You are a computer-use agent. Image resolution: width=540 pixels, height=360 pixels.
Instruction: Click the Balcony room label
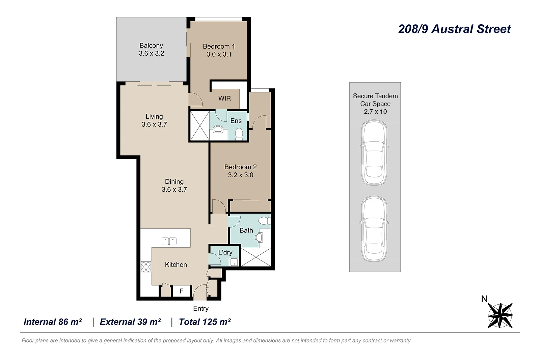point(151,46)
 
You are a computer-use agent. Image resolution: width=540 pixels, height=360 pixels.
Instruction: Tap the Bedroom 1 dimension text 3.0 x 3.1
point(219,54)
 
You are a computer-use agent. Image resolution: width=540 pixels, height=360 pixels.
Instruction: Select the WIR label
point(224,98)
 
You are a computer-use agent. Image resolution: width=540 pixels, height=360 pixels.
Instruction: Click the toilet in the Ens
point(239,134)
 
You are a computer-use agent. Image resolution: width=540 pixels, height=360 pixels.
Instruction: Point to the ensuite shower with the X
point(199,126)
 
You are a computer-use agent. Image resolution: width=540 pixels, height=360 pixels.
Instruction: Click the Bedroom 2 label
point(240,167)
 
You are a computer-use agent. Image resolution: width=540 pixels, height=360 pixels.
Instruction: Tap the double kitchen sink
point(169,241)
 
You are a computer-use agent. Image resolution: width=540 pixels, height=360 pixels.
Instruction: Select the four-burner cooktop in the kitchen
point(146,267)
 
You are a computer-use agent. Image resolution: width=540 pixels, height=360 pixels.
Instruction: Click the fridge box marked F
point(182,291)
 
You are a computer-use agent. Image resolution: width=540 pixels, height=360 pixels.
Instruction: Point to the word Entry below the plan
point(201,308)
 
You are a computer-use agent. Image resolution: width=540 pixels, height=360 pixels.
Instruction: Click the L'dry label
point(225,252)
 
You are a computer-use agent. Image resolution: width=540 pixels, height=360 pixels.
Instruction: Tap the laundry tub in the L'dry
point(234,262)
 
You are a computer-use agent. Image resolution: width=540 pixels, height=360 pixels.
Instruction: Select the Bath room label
point(246,230)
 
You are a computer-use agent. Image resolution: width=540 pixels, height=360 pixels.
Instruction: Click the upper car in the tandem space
point(374,152)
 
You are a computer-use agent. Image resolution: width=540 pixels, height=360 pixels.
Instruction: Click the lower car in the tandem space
point(374,229)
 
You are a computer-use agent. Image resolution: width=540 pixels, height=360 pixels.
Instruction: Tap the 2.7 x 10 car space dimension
point(375,112)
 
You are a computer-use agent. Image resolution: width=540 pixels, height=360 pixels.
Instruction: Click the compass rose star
point(500,315)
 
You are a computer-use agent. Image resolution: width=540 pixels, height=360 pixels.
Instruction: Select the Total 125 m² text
point(205,322)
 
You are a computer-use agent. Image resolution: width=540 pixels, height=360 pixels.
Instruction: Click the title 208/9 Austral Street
point(454,29)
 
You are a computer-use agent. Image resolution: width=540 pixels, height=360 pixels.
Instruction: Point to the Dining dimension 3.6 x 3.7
point(174,190)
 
